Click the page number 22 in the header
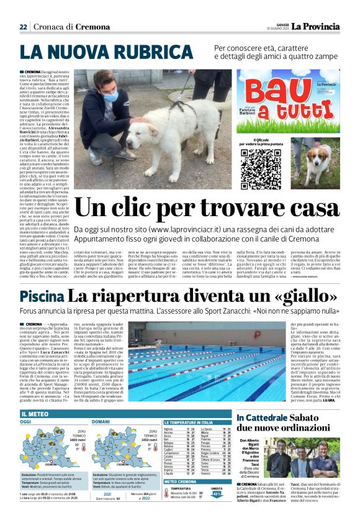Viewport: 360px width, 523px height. pyautogui.click(x=23, y=27)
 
